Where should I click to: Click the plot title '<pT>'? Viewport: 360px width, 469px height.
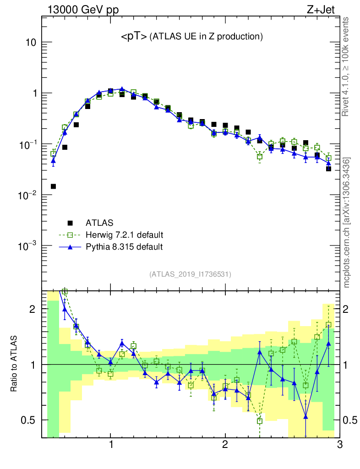134,37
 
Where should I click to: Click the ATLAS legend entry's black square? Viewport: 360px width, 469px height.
71,223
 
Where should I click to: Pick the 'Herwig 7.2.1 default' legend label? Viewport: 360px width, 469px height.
124,235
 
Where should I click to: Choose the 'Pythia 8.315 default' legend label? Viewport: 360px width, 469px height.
124,247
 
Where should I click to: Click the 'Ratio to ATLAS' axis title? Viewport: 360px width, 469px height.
15,364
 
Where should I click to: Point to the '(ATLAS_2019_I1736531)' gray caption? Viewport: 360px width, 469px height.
190,275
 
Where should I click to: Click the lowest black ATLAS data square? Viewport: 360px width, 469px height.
53,186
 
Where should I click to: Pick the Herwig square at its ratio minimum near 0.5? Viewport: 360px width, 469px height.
260,421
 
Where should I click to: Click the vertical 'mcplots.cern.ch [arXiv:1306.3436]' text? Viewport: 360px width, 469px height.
347,223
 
